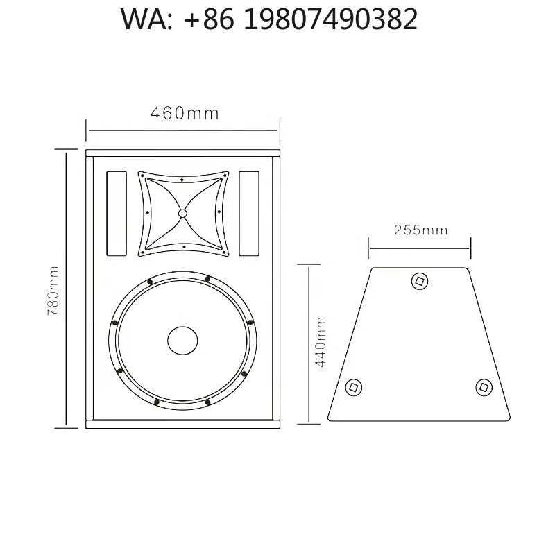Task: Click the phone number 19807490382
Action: pyautogui.click(x=331, y=19)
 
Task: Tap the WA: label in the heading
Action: pyautogui.click(x=146, y=19)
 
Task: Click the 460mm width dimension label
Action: pyautogui.click(x=185, y=113)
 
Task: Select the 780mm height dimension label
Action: pyautogui.click(x=53, y=291)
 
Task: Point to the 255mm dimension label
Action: pyautogui.click(x=421, y=230)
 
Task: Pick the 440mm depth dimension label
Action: pyautogui.click(x=320, y=342)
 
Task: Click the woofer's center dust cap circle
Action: pyautogui.click(x=182, y=341)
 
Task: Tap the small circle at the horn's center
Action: pyautogui.click(x=182, y=214)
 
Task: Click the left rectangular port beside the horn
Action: pyautogui.click(x=117, y=214)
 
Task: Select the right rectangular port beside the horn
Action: pyautogui.click(x=249, y=214)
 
